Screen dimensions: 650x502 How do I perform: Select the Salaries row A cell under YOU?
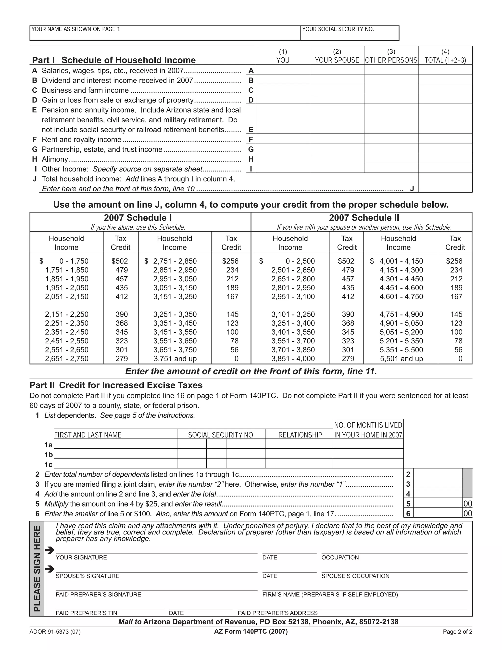pyautogui.click(x=283, y=70)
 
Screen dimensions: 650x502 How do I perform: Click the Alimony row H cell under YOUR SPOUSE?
pyautogui.click(x=337, y=158)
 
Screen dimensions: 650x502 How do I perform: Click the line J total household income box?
pyautogui.click(x=445, y=183)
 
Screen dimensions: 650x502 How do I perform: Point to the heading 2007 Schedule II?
pyautogui.click(x=364, y=218)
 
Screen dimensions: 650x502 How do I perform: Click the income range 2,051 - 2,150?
pyautogui.click(x=67, y=297)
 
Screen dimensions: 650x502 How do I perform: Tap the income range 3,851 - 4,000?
pyautogui.click(x=293, y=359)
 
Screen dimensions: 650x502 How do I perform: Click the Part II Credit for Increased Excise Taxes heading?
pyautogui.click(x=116, y=385)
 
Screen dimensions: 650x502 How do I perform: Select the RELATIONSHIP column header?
pyautogui.click(x=300, y=435)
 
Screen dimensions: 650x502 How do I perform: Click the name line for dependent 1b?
pyautogui.click(x=115, y=454)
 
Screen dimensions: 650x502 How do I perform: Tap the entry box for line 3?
pyautogui.click(x=438, y=484)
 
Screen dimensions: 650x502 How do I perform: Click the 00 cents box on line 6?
pyautogui.click(x=467, y=513)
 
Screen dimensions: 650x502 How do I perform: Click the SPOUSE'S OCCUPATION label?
pyautogui.click(x=355, y=576)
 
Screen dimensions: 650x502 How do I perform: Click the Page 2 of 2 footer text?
pyautogui.click(x=457, y=632)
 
